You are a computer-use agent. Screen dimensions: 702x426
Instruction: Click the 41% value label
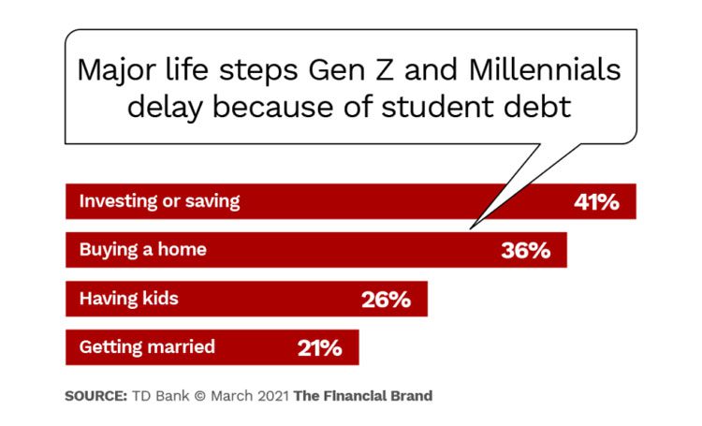click(x=596, y=202)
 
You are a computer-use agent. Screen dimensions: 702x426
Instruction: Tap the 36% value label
click(x=526, y=250)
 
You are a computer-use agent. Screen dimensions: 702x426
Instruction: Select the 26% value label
click(x=386, y=300)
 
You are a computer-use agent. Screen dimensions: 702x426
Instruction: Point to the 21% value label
click(x=320, y=348)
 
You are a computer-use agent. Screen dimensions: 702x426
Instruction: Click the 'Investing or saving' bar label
click(x=159, y=201)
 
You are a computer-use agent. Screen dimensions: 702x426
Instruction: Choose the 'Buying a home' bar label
click(x=143, y=249)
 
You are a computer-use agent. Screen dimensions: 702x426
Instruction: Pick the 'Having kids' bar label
click(x=128, y=299)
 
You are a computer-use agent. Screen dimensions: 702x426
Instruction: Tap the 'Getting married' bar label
click(x=147, y=347)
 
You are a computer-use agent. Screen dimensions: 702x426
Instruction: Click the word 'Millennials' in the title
click(x=545, y=70)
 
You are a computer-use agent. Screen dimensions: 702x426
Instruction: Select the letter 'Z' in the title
click(x=384, y=71)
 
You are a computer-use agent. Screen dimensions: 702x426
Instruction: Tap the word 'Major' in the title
click(x=117, y=72)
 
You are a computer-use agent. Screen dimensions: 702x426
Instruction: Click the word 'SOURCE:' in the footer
click(x=96, y=396)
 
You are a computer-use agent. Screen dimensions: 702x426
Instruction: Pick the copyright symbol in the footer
click(x=200, y=396)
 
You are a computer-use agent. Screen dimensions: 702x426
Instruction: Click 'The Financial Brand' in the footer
click(x=363, y=396)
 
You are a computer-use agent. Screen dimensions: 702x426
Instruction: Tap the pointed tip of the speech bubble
click(x=471, y=228)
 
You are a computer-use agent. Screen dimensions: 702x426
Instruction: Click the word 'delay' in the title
click(x=165, y=108)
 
